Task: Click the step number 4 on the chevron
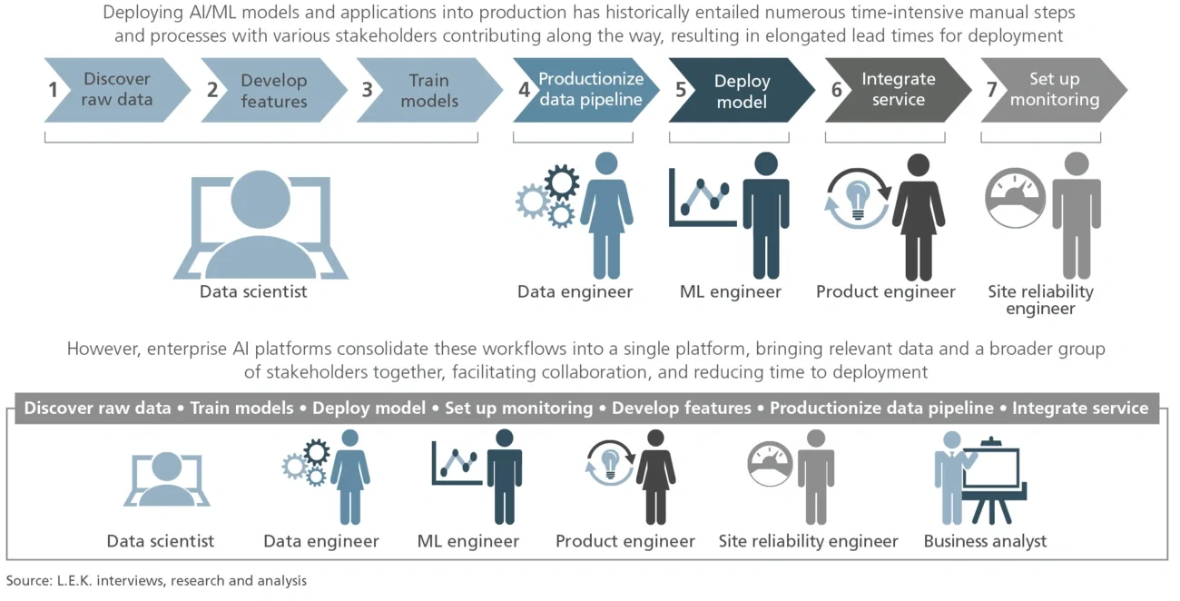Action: click(525, 90)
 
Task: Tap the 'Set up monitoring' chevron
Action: click(1054, 91)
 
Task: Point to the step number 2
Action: click(212, 90)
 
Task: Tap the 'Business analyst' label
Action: click(985, 542)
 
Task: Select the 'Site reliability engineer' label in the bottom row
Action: click(808, 542)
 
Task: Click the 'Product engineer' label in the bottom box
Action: click(625, 542)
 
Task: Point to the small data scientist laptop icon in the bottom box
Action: click(167, 478)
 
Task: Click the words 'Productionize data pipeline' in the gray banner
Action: click(881, 409)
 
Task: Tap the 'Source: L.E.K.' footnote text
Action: click(156, 581)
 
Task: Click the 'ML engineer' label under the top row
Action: click(731, 292)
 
